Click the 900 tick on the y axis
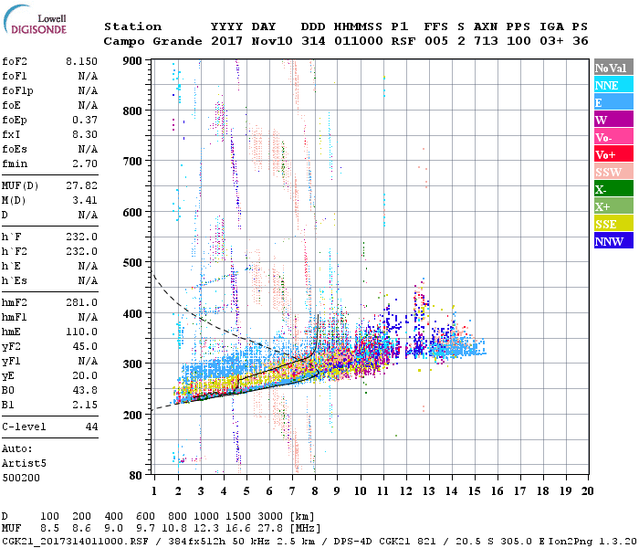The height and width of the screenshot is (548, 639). pyautogui.click(x=134, y=60)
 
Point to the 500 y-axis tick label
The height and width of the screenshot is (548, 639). pyautogui.click(x=134, y=263)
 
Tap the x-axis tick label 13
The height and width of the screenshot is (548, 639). pyautogui.click(x=427, y=490)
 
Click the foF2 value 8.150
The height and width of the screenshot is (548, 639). pyautogui.click(x=81, y=61)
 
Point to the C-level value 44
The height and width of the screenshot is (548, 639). pyautogui.click(x=90, y=427)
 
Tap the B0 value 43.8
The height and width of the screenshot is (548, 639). pyautogui.click(x=85, y=391)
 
